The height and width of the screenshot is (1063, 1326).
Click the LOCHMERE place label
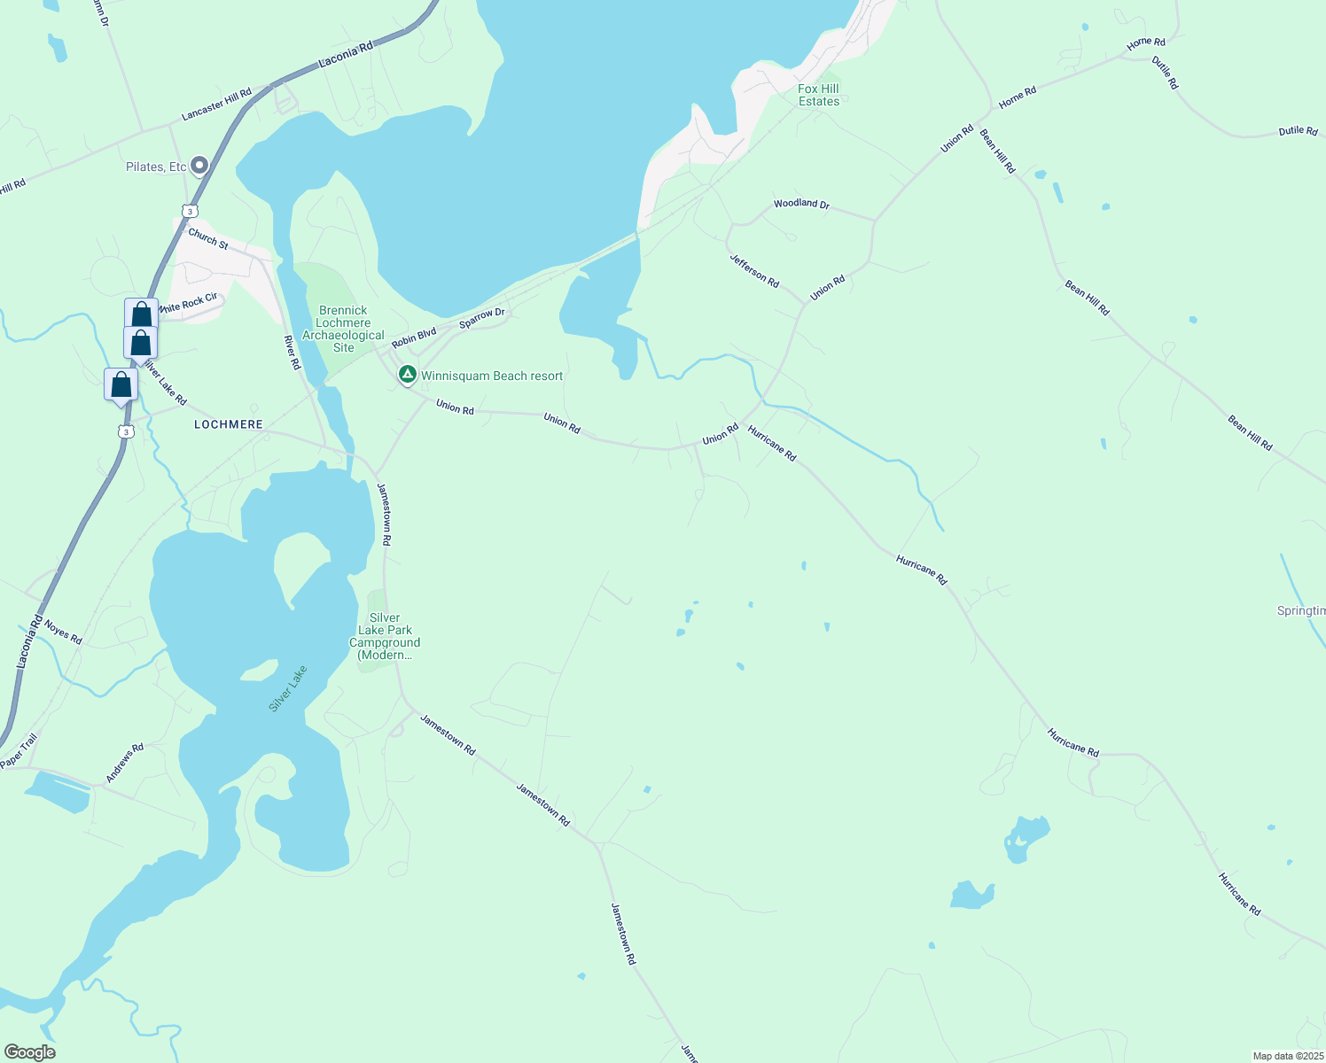tap(229, 424)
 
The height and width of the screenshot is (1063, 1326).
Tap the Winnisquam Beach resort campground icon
tap(407, 376)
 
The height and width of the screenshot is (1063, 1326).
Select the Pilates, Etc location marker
tap(199, 165)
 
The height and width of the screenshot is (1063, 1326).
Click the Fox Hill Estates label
tap(818, 95)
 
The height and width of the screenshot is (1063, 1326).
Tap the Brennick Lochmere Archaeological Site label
tap(343, 329)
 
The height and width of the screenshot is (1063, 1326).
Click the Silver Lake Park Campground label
tap(385, 636)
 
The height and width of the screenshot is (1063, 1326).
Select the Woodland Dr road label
tap(801, 204)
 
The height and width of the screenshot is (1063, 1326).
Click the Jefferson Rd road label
tap(754, 271)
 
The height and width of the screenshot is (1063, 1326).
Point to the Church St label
tap(208, 238)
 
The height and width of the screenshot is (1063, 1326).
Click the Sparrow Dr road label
tap(481, 319)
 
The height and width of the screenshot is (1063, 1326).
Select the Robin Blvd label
tap(414, 338)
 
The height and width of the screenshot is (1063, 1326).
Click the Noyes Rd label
tap(63, 632)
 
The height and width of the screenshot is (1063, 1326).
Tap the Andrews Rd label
tap(125, 764)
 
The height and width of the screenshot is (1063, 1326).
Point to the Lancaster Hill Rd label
tap(216, 105)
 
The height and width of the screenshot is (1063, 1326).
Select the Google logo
tap(29, 1052)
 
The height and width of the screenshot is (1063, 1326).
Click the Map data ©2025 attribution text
tap(1287, 1056)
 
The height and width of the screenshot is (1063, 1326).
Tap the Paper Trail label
tap(19, 751)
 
